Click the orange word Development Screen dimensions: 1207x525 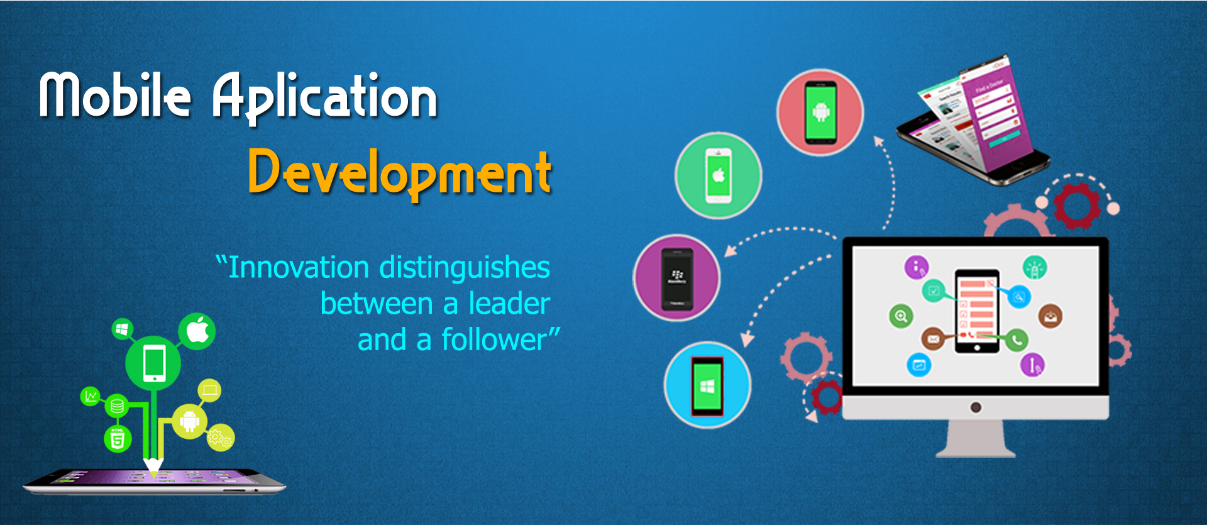[x=400, y=173]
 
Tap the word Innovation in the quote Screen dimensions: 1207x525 [x=299, y=267]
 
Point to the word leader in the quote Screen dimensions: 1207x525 [x=509, y=303]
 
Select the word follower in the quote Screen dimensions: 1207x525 [x=494, y=340]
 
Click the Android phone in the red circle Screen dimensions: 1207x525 [x=821, y=113]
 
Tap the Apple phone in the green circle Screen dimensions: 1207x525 [x=719, y=175]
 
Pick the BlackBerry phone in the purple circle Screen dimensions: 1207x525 [x=677, y=279]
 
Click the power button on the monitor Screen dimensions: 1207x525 [x=976, y=407]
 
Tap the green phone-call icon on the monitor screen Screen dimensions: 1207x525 [x=1017, y=340]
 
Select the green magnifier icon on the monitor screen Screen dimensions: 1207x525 [x=901, y=316]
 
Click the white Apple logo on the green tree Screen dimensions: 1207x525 [x=198, y=330]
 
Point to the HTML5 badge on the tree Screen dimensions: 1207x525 [x=118, y=438]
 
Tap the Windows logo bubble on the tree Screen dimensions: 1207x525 [x=122, y=329]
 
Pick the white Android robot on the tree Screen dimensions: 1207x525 [x=189, y=419]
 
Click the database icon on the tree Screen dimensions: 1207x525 [x=117, y=406]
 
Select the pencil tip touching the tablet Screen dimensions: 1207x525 [x=153, y=472]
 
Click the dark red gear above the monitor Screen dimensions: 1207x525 [x=1076, y=206]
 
